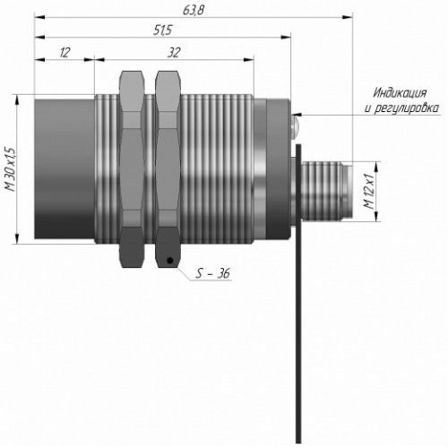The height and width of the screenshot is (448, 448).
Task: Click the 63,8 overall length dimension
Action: [x=193, y=11]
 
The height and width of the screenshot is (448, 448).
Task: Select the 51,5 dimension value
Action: [x=163, y=30]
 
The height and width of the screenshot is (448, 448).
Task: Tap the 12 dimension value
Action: [x=65, y=53]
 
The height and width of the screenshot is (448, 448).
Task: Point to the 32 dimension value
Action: [x=174, y=53]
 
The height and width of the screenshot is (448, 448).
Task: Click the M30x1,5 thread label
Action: [x=10, y=169]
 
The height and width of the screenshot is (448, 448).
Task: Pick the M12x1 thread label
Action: [x=368, y=191]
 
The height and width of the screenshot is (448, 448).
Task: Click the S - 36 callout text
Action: [x=212, y=273]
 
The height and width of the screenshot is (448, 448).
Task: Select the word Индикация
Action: [x=400, y=93]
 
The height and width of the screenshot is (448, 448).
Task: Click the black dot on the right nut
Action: [x=170, y=261]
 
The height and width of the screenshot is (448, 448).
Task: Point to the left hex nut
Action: [x=132, y=169]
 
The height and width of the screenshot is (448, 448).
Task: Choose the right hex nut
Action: [x=168, y=169]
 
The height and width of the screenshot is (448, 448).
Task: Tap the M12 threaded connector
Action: [x=325, y=191]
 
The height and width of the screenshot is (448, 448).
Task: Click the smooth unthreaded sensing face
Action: [x=65, y=169]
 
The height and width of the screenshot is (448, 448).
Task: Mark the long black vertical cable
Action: [x=298, y=294]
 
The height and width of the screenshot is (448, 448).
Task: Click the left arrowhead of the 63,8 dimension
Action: [x=39, y=18]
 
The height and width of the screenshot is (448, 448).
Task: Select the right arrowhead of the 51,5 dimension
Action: [x=286, y=38]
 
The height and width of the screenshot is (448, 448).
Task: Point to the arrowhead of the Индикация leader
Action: [x=297, y=115]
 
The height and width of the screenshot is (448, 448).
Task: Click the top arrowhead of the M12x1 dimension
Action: [x=376, y=167]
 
